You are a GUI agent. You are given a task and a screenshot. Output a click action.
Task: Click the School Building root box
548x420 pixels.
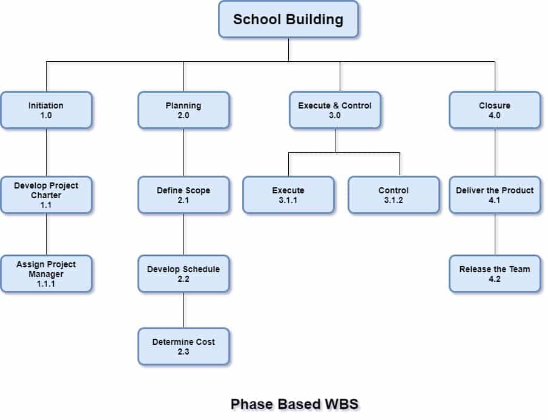tap(288, 19)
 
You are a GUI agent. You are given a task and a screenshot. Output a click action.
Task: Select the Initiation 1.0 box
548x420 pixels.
tap(46, 110)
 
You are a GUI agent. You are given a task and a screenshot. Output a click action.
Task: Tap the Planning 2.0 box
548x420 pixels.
tap(183, 110)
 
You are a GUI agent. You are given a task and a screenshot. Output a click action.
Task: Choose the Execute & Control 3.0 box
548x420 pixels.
tap(335, 110)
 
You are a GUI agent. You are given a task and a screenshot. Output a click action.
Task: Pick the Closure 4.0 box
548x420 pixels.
tap(495, 110)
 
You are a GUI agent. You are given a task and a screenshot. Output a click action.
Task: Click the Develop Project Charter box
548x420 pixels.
tap(46, 195)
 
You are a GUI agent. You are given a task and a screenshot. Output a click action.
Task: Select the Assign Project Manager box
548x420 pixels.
tap(46, 273)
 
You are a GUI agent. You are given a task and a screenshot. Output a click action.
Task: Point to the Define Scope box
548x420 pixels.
tap(183, 195)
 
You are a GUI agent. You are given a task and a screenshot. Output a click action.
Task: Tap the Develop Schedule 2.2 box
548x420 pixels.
tap(183, 273)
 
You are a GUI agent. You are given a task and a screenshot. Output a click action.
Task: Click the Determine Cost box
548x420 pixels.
tap(183, 346)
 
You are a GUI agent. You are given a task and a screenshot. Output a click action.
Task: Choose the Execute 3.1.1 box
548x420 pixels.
tap(288, 195)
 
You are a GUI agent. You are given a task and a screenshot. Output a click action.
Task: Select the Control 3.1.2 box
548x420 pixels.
tap(394, 195)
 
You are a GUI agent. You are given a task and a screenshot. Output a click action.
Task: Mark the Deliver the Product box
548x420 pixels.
tap(495, 195)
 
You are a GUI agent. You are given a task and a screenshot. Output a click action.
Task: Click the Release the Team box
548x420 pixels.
tap(495, 273)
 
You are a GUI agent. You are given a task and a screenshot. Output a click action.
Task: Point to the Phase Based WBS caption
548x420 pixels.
tap(294, 404)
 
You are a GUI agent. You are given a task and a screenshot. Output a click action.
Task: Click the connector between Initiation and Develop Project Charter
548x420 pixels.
tap(47, 152)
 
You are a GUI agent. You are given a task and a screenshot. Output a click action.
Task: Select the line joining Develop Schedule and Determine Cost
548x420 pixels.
tap(184, 310)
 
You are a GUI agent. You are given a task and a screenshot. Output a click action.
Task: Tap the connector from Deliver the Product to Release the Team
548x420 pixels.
tap(495, 234)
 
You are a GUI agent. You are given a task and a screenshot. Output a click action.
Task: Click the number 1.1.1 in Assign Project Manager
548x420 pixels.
tap(46, 283)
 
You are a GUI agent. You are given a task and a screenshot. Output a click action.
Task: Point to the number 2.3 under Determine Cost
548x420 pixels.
tap(183, 352)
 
